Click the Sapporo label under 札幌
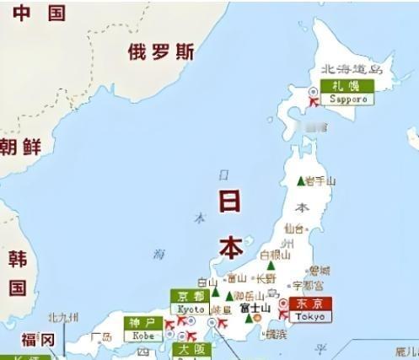click(x=349, y=99)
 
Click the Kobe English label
click(x=143, y=336)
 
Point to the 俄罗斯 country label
click(x=161, y=52)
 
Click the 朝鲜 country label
click(x=21, y=147)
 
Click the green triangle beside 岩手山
click(x=300, y=180)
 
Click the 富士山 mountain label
click(x=255, y=309)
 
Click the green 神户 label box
click(x=144, y=323)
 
